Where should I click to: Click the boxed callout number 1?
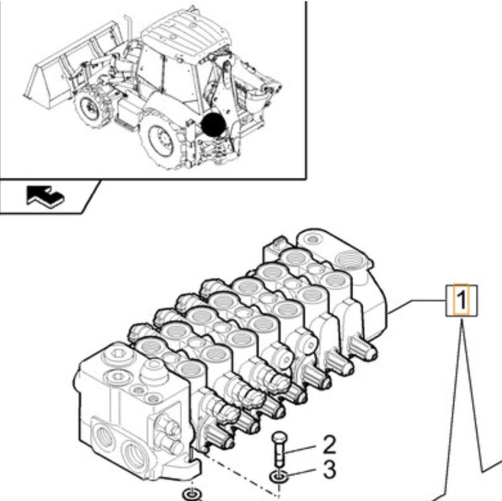[x=461, y=300]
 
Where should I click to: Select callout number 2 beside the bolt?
[x=329, y=445]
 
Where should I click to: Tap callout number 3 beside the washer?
[x=329, y=470]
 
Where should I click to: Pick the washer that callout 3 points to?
[x=277, y=476]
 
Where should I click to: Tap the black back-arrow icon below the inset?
[x=45, y=196]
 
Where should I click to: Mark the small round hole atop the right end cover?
[x=312, y=239]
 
